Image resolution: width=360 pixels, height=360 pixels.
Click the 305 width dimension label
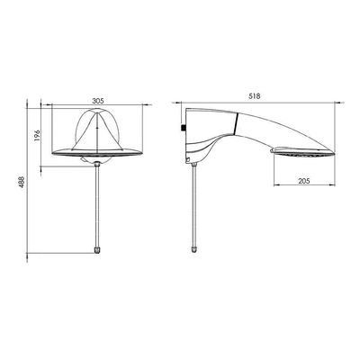pos(98,101)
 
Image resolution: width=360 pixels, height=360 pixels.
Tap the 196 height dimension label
pos(36,135)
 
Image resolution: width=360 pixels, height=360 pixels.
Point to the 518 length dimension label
pos(255,96)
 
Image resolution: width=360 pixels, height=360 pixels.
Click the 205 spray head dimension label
pos(304,181)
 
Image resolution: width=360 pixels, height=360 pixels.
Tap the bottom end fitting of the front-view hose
pos(97,250)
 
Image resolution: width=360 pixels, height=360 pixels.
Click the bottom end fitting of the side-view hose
pos(194,250)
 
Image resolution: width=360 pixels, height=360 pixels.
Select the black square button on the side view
pos(184,128)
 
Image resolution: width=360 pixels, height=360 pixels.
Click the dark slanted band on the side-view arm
pos(236,123)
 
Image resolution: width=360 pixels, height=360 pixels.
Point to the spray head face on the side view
pos(303,153)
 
